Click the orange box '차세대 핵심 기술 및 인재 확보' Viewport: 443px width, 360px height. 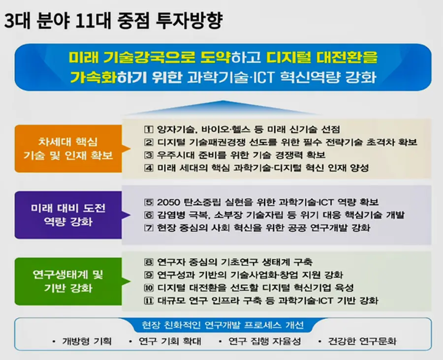pyautogui.click(x=68, y=149)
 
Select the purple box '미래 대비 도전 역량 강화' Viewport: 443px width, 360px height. pyautogui.click(x=68, y=215)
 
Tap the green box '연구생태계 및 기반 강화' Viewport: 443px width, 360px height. pyautogui.click(x=68, y=281)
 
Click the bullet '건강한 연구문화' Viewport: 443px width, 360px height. pyautogui.click(x=362, y=341)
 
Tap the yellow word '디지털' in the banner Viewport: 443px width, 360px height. pyautogui.click(x=287, y=57)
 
